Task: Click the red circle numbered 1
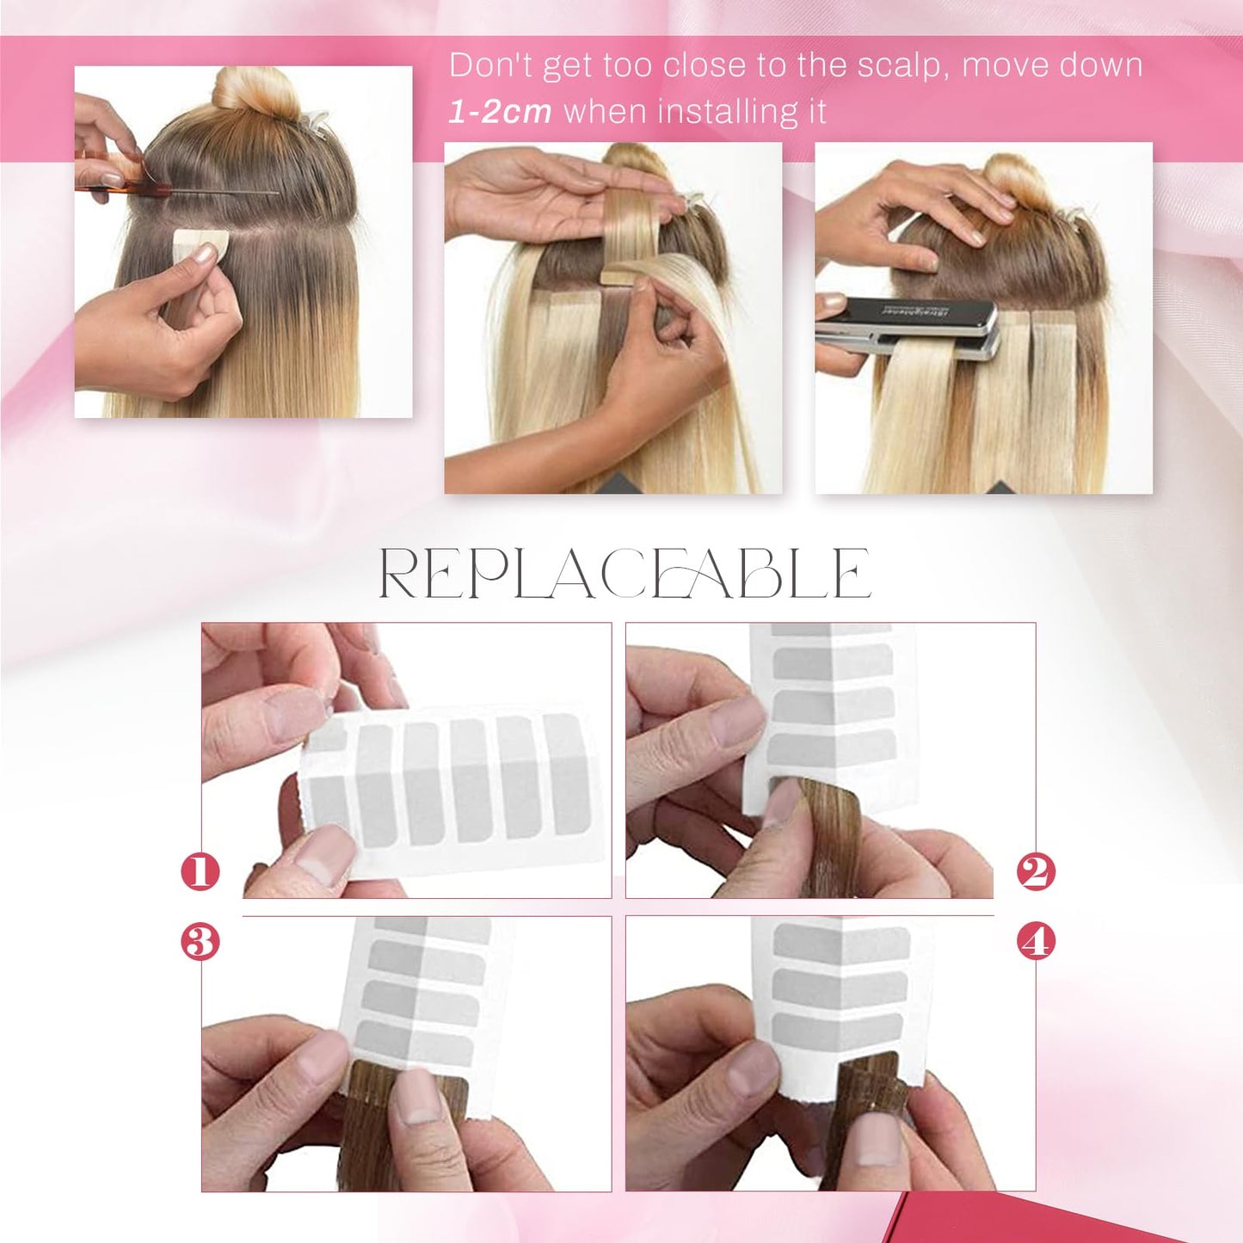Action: pos(200,872)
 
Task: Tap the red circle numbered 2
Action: pos(1036,872)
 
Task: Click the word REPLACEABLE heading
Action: pos(625,573)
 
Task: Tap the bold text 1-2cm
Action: pos(500,112)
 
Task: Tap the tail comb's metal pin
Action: pos(225,189)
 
